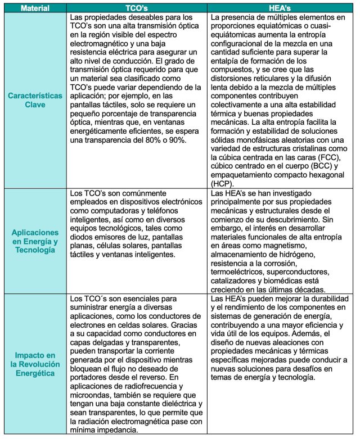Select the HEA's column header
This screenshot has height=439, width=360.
point(280,8)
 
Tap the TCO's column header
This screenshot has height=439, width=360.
point(137,8)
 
